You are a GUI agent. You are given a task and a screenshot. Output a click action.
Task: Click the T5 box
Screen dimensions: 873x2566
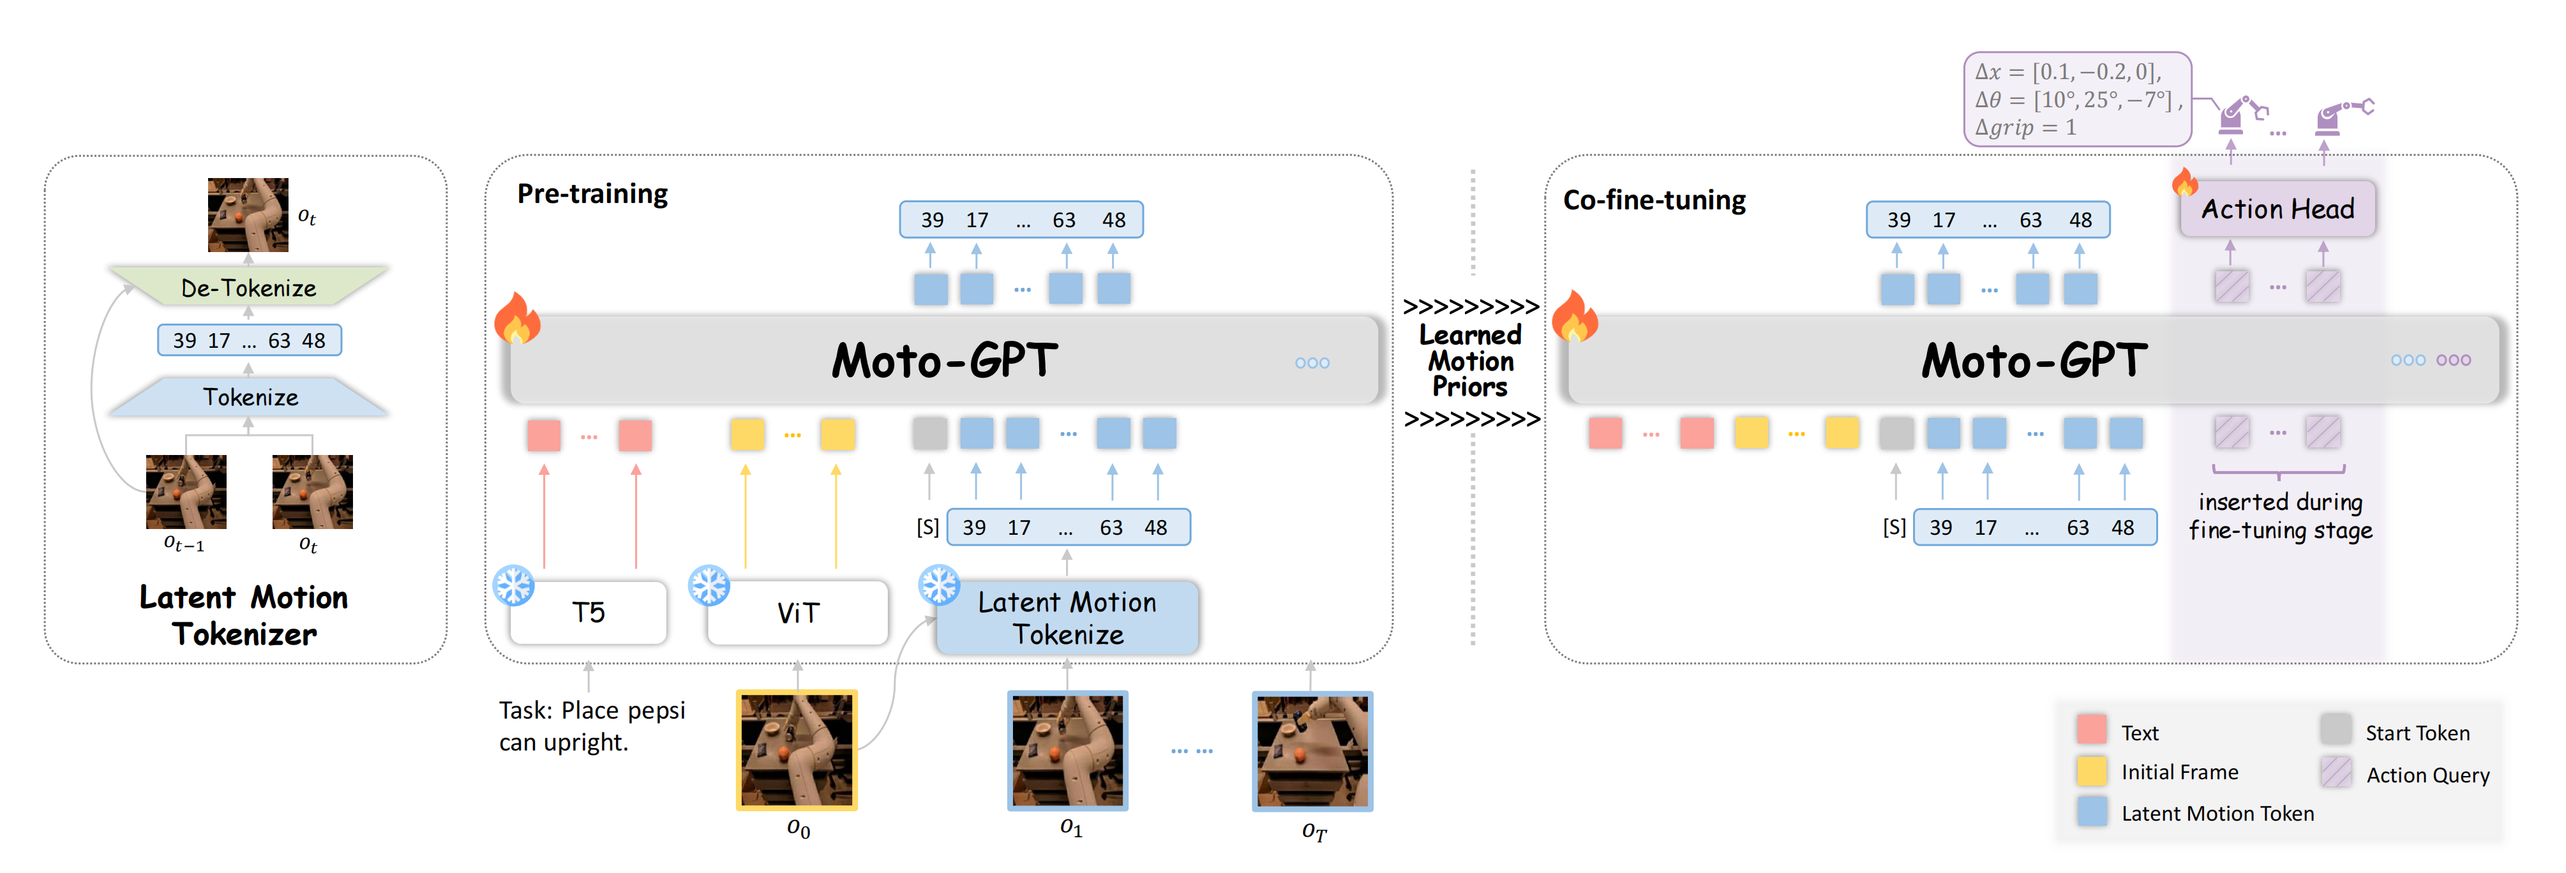[588, 612]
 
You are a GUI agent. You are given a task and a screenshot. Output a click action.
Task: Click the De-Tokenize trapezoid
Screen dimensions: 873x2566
[248, 288]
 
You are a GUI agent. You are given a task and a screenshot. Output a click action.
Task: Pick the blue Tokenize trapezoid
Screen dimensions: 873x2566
[249, 397]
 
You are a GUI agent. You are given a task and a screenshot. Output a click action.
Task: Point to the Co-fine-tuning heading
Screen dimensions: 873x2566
[1654, 200]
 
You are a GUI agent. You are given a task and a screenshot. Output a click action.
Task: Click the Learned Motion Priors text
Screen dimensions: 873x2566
[1470, 361]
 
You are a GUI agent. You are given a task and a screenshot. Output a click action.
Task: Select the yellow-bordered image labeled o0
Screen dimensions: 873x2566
[797, 750]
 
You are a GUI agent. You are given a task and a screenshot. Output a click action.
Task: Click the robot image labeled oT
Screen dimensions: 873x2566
[1312, 750]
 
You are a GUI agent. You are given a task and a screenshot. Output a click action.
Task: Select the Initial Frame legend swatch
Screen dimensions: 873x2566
[2092, 770]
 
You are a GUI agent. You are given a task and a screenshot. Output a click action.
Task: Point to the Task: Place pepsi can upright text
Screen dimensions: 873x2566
[592, 726]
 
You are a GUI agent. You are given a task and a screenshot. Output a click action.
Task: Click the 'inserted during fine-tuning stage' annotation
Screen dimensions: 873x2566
[2279, 516]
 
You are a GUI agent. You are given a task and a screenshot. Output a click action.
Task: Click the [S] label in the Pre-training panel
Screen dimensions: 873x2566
[927, 526]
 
